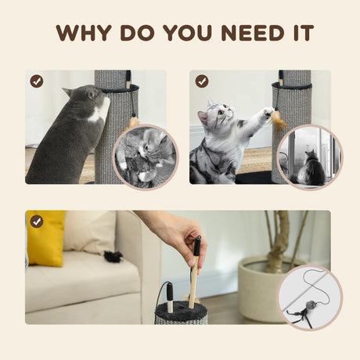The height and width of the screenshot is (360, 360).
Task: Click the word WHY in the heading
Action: [84, 33]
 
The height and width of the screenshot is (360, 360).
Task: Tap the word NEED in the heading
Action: [252, 33]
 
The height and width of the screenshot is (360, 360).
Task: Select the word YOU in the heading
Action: [187, 33]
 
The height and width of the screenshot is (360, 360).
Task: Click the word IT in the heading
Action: [303, 33]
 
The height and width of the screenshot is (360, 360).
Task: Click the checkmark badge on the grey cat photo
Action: [37, 81]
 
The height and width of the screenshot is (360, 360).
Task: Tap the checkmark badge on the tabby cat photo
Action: [202, 81]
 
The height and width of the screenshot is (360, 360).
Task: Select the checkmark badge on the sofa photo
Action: [37, 222]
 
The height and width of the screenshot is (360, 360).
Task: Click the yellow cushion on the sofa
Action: [45, 238]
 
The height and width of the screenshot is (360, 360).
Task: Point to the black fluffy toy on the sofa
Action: [113, 255]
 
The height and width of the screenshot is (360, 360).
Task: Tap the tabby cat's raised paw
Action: [268, 112]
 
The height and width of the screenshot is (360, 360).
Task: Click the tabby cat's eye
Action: [221, 113]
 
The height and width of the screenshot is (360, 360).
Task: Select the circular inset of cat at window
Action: [310, 157]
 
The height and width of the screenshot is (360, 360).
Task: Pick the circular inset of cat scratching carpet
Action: [146, 157]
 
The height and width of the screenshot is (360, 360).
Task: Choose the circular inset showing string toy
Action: [310, 298]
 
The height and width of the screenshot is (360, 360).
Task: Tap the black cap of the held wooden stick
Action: [197, 246]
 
